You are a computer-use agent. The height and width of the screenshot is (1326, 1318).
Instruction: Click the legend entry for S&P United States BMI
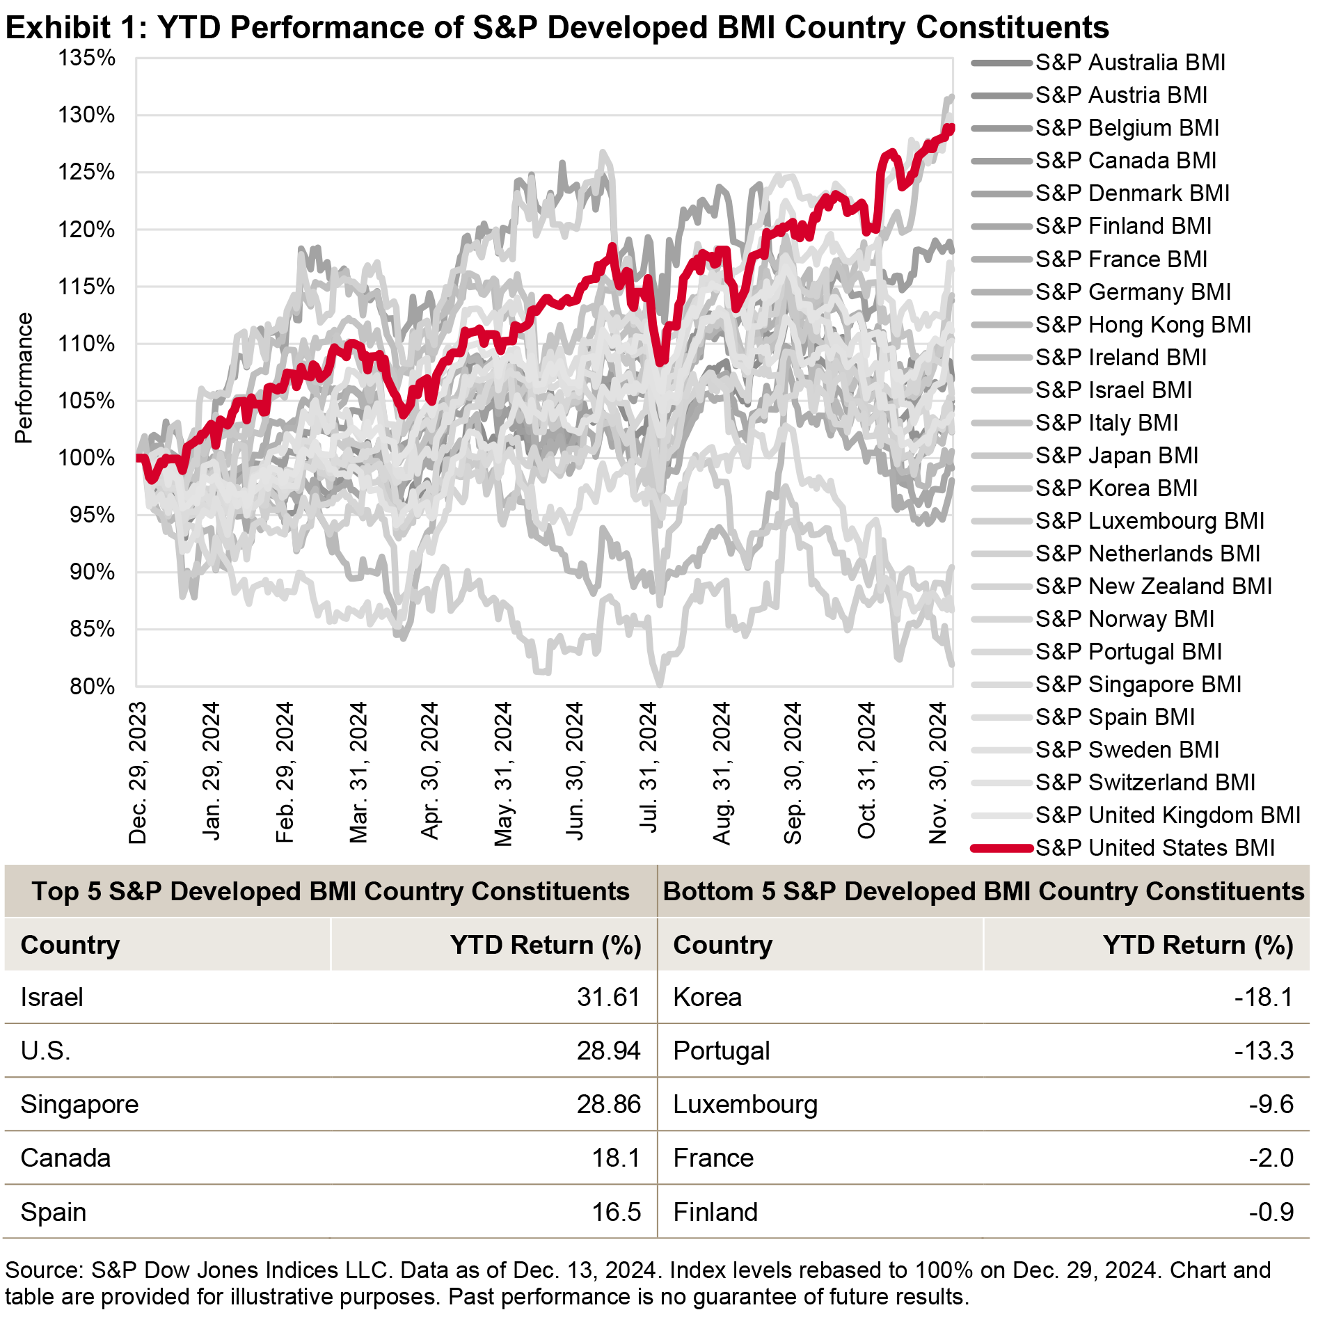[x=1154, y=848]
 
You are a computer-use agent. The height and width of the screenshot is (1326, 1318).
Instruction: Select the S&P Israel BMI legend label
[x=1113, y=390]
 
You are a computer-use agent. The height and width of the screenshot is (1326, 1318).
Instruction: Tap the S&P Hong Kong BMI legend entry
[x=1143, y=325]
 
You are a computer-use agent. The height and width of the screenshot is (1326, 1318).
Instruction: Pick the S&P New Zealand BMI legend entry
[x=1153, y=586]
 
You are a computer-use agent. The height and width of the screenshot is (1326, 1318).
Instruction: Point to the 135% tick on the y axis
[x=87, y=58]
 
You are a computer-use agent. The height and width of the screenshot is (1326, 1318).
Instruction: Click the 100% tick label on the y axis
[x=87, y=458]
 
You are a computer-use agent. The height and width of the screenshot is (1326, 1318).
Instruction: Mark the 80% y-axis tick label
[x=92, y=687]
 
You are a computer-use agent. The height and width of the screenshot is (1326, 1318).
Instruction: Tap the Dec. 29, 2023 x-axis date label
[x=138, y=773]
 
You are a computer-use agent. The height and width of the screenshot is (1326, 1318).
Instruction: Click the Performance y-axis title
[x=24, y=378]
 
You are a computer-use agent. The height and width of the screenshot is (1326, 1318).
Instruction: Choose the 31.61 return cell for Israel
[x=608, y=997]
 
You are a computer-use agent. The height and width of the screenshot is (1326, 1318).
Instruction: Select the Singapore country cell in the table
[x=79, y=1104]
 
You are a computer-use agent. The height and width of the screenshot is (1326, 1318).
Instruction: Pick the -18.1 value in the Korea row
[x=1263, y=997]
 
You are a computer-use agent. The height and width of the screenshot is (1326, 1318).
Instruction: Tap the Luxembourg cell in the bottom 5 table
[x=745, y=1104]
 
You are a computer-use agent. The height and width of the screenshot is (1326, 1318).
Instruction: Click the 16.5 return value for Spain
[x=616, y=1212]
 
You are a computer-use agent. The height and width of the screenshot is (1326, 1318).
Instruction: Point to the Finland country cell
[x=715, y=1212]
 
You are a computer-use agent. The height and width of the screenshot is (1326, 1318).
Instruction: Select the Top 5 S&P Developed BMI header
[x=331, y=891]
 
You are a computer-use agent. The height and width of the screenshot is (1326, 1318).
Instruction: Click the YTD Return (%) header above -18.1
[x=1198, y=945]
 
